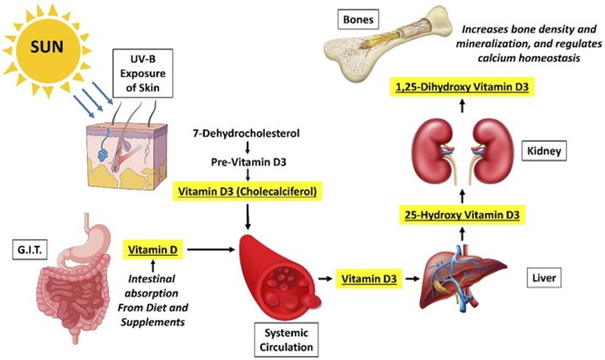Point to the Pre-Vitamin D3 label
tap(247, 162)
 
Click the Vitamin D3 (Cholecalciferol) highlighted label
tap(247, 192)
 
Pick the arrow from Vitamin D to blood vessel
tap(210, 251)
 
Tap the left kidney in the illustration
tap(433, 155)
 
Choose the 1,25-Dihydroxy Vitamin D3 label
tap(461, 87)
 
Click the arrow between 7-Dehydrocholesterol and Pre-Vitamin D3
tap(247, 147)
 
